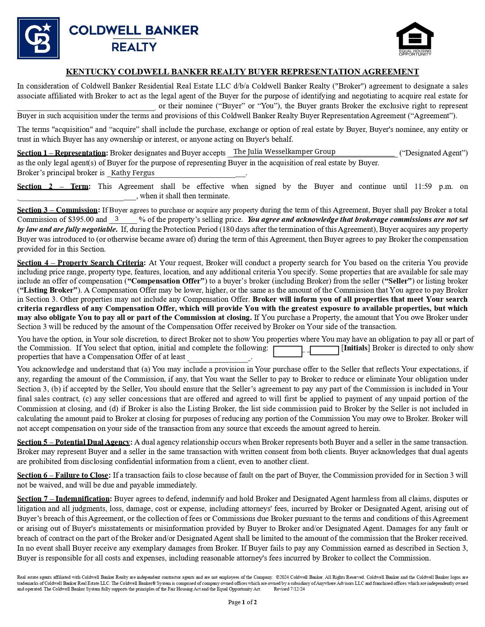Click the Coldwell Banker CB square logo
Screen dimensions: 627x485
point(38,38)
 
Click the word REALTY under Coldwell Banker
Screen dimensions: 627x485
point(134,47)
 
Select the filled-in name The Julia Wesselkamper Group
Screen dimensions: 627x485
point(284,152)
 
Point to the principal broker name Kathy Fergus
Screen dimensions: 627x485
point(133,173)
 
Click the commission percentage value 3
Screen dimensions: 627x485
point(116,219)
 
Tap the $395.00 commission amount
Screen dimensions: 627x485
point(81,220)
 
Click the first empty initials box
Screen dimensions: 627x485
point(287,351)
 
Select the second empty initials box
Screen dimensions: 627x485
point(324,351)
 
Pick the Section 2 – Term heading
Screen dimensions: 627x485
point(53,187)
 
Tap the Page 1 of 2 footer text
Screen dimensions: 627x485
point(242,602)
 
